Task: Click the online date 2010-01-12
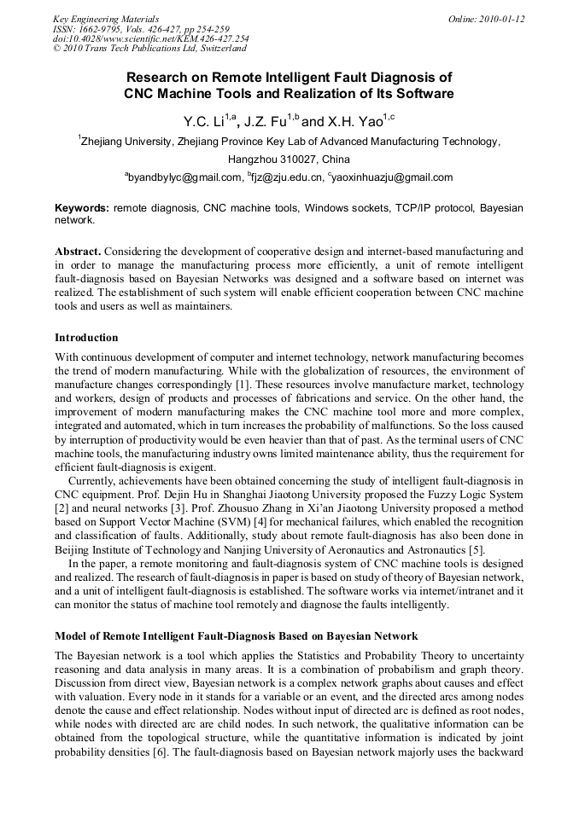[x=501, y=19]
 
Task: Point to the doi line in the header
[x=150, y=39]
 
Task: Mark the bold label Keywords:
[x=82, y=208]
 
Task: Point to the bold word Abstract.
[x=79, y=252]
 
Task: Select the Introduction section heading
[x=86, y=338]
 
